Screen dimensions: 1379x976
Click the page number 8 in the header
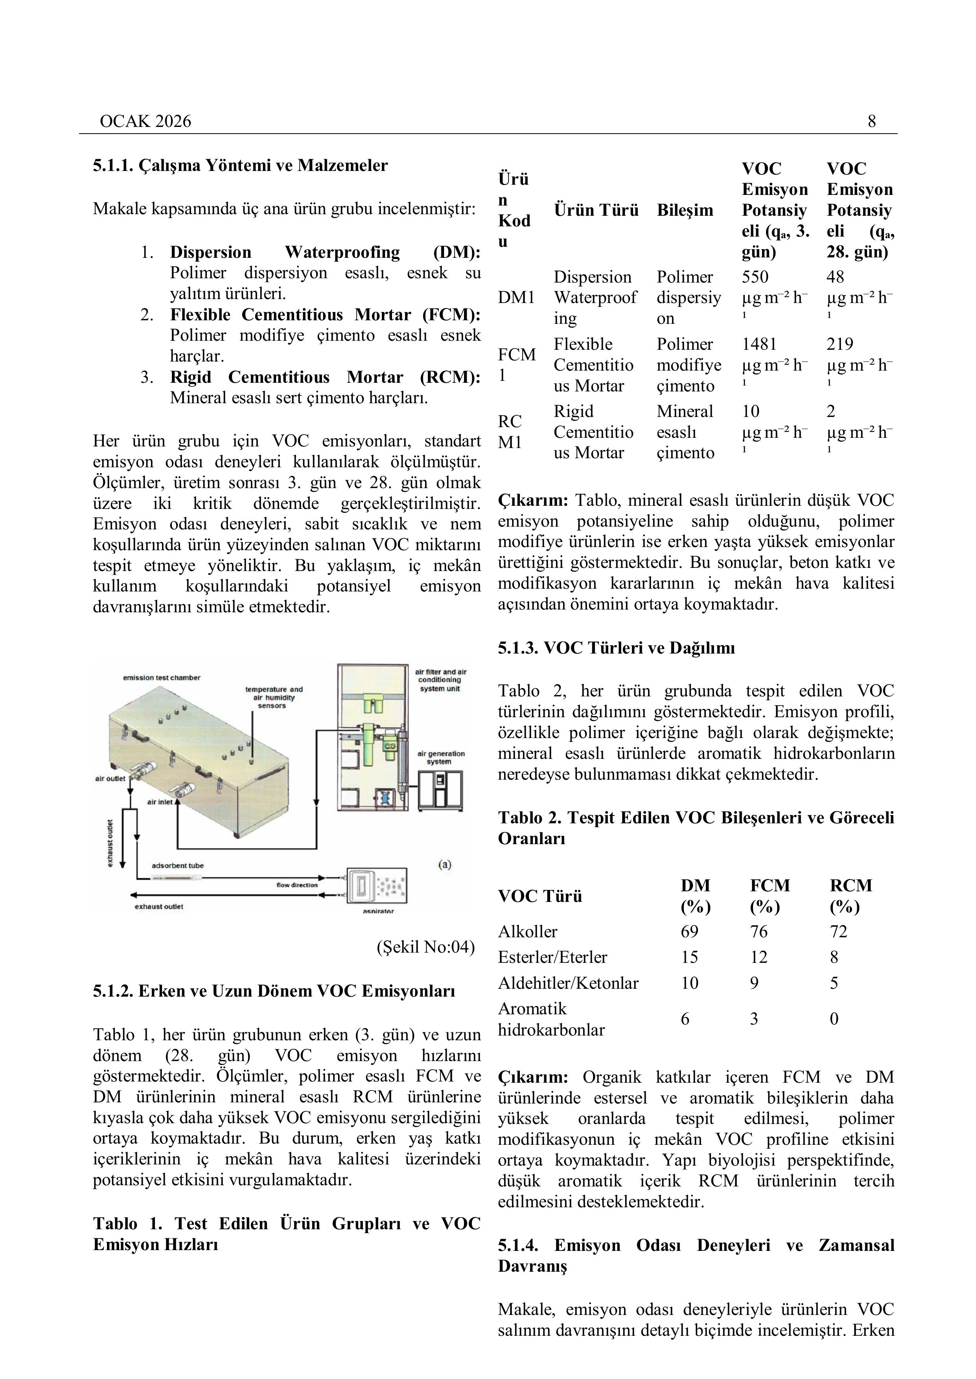(x=871, y=121)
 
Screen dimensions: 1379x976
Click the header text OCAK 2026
(x=145, y=121)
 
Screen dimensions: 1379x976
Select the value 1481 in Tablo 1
(x=759, y=344)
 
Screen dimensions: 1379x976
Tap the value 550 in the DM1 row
(x=755, y=277)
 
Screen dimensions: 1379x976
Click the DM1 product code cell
(x=516, y=297)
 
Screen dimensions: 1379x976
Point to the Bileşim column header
(x=685, y=210)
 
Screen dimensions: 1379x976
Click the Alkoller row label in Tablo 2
(x=527, y=931)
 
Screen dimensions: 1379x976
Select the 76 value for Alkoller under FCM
(x=759, y=931)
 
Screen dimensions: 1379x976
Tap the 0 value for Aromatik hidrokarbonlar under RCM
(x=834, y=1019)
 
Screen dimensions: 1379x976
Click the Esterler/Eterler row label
(x=552, y=957)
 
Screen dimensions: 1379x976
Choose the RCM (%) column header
(x=851, y=896)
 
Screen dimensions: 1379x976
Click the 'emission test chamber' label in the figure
(x=162, y=678)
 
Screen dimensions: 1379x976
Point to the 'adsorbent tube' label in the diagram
(x=177, y=865)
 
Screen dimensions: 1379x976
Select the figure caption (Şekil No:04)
(x=425, y=947)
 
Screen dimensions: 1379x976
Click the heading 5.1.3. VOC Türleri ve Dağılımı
(x=616, y=648)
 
